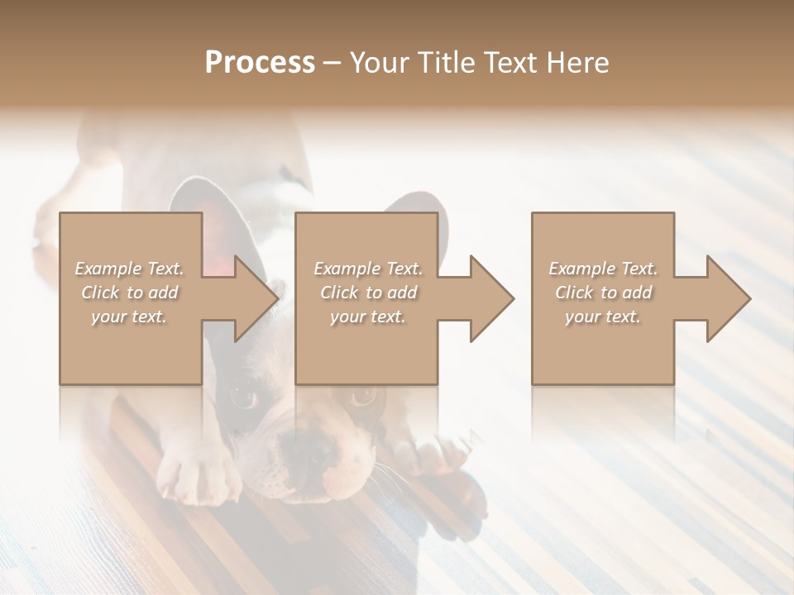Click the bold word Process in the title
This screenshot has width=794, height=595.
pyautogui.click(x=260, y=62)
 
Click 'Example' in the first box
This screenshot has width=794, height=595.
pyautogui.click(x=108, y=269)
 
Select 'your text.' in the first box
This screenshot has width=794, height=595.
pyautogui.click(x=129, y=317)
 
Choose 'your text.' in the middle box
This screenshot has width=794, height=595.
pyautogui.click(x=368, y=317)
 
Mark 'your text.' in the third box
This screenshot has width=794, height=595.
pyautogui.click(x=603, y=317)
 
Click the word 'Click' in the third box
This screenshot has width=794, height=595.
pyautogui.click(x=574, y=293)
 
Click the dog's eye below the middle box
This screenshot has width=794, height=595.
pyautogui.click(x=362, y=396)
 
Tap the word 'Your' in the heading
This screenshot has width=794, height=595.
pyautogui.click(x=380, y=62)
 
